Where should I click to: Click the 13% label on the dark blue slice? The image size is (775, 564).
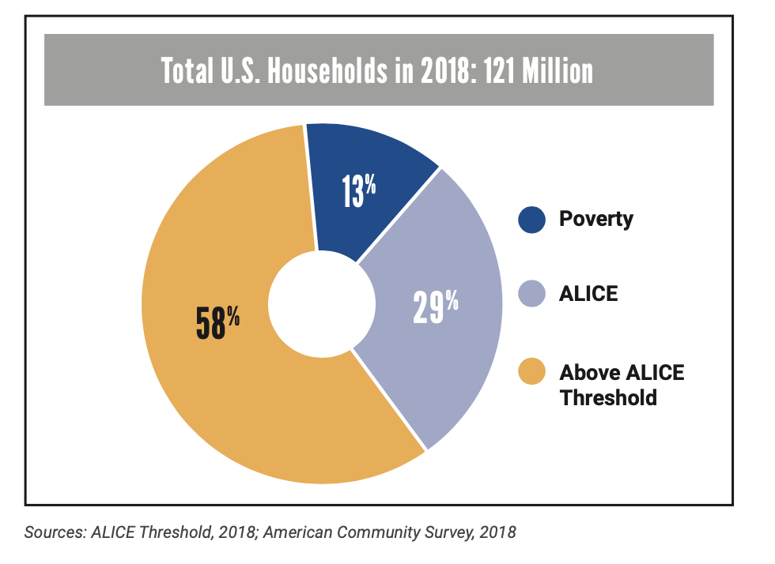click(359, 192)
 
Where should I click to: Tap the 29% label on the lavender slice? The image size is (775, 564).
click(436, 307)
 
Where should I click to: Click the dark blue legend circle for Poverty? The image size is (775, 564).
click(532, 219)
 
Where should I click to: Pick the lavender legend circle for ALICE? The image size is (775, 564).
click(532, 293)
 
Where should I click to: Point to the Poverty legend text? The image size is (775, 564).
click(596, 219)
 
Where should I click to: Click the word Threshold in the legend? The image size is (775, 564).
click(608, 397)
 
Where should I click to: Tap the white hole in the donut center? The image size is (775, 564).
click(321, 305)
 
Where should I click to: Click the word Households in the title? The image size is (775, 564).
click(328, 71)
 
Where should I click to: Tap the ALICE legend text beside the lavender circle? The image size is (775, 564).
click(588, 293)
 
